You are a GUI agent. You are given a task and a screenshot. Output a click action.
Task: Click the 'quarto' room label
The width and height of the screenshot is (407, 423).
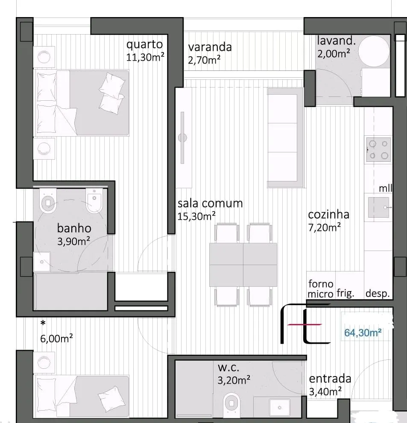(x=144, y=45)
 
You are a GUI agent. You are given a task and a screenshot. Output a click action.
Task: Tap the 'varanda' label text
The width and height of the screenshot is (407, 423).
(x=210, y=47)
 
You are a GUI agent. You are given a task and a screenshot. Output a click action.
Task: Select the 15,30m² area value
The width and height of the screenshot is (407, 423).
(x=196, y=216)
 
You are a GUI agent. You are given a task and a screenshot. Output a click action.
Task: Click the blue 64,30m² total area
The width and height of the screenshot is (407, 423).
(x=363, y=333)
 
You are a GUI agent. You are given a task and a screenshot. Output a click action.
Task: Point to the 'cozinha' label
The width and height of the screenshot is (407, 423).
(x=328, y=214)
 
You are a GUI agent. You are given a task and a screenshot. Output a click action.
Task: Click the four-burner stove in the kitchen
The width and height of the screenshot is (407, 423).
(x=379, y=150)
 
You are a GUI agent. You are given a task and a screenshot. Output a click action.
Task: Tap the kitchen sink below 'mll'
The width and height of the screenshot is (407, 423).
(x=379, y=207)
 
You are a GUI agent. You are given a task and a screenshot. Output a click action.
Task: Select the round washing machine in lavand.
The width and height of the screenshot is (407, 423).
(x=374, y=51)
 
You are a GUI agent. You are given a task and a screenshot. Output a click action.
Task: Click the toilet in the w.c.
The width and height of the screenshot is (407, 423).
(x=232, y=403)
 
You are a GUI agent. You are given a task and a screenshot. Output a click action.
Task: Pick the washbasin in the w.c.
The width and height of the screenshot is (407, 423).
(x=280, y=407)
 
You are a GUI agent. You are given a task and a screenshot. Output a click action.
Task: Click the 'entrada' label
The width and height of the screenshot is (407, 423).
(x=330, y=379)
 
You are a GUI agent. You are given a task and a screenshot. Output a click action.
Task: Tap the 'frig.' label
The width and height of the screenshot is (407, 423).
(x=345, y=293)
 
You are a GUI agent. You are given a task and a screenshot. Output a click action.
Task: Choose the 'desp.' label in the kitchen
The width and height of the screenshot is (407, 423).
(x=378, y=294)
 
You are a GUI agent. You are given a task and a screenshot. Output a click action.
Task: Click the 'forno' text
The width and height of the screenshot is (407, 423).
(x=321, y=284)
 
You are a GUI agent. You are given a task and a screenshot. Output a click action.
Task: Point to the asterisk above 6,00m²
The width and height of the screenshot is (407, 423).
(x=43, y=323)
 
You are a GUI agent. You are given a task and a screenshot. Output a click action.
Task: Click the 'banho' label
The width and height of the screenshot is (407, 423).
(x=74, y=228)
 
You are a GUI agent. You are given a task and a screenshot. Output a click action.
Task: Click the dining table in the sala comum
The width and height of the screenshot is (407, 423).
(x=243, y=265)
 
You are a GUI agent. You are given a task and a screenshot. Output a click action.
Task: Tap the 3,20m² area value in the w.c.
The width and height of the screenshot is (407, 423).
(x=234, y=380)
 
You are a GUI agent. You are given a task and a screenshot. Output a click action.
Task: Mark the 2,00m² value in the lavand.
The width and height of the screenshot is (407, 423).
(x=334, y=54)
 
